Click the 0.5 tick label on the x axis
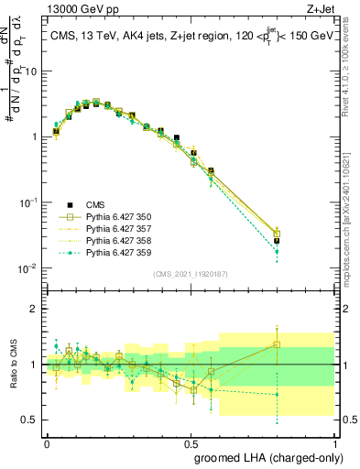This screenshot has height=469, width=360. [191, 442]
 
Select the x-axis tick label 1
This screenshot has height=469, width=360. [334, 442]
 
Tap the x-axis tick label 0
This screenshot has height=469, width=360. [47, 442]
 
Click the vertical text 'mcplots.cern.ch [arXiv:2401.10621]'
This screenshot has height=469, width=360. [351, 202]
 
